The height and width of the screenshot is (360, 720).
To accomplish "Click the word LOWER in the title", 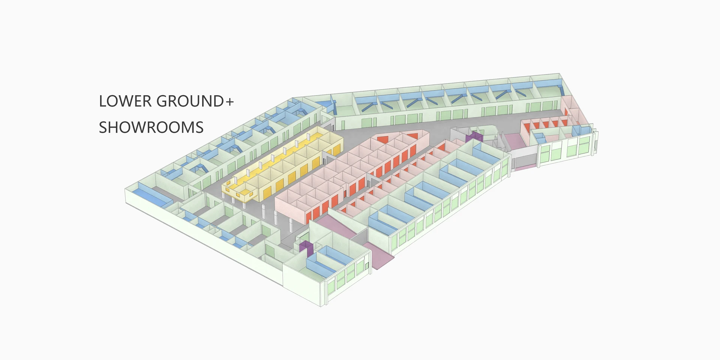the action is click(x=125, y=101).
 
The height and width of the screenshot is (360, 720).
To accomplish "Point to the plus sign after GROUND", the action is click(x=229, y=102).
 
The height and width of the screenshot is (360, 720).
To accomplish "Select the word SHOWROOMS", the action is click(x=151, y=127).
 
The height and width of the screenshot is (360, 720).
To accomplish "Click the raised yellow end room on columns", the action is click(x=240, y=189).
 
